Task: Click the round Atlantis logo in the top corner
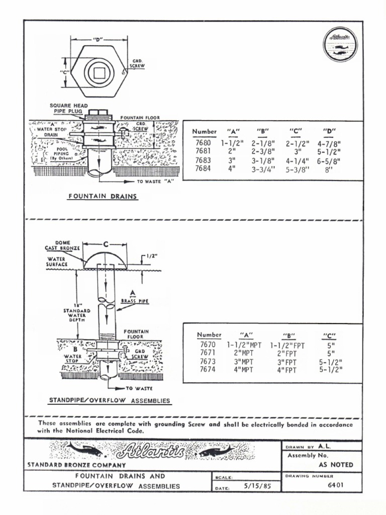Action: [340, 44]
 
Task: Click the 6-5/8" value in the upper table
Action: [329, 161]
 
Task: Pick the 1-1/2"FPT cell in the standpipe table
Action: [287, 346]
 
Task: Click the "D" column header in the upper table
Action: [329, 132]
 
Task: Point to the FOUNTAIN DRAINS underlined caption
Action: [103, 197]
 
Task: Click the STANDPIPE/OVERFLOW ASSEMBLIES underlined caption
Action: [109, 401]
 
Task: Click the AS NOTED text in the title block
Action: [336, 465]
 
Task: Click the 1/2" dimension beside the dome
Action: [152, 256]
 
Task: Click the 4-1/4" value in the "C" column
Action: [296, 161]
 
